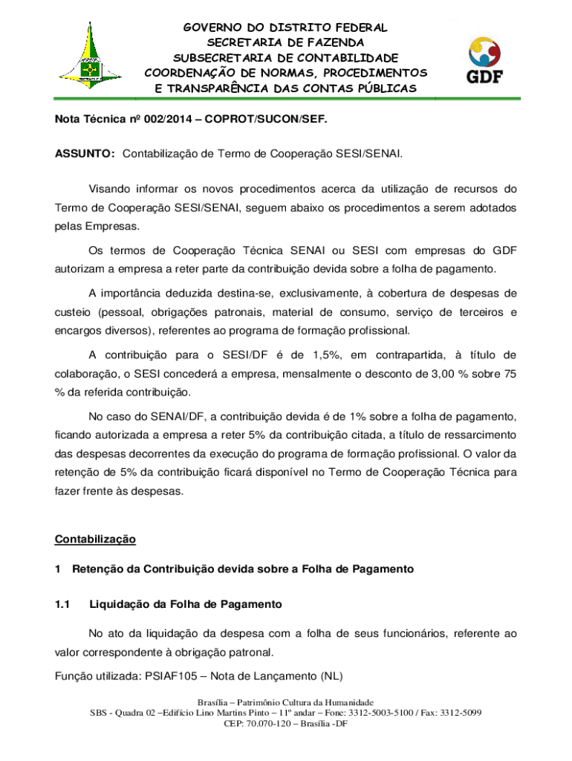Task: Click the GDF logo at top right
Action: pyautogui.click(x=482, y=62)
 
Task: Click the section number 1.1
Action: pyautogui.click(x=62, y=604)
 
